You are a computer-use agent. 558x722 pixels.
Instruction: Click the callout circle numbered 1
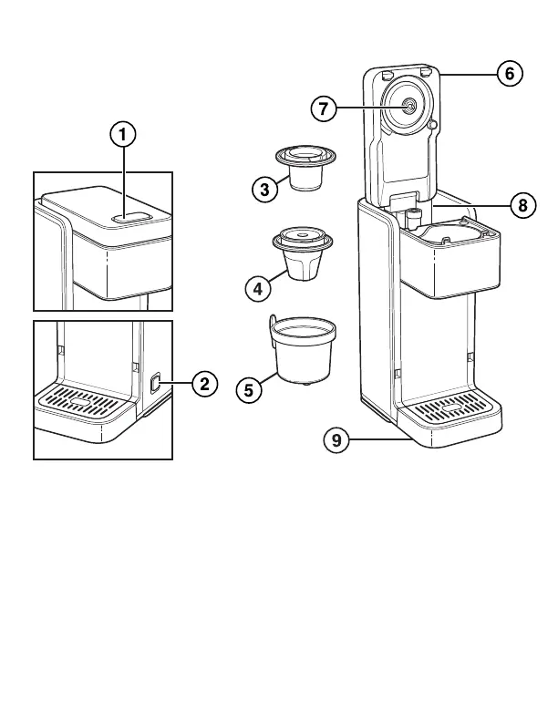point(123,135)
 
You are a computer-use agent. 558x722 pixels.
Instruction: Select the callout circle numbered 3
point(263,190)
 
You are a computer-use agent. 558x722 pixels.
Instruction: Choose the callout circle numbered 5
point(249,389)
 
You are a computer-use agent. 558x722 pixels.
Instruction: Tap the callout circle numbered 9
point(336,440)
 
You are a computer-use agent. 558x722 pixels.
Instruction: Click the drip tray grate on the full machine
point(449,407)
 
